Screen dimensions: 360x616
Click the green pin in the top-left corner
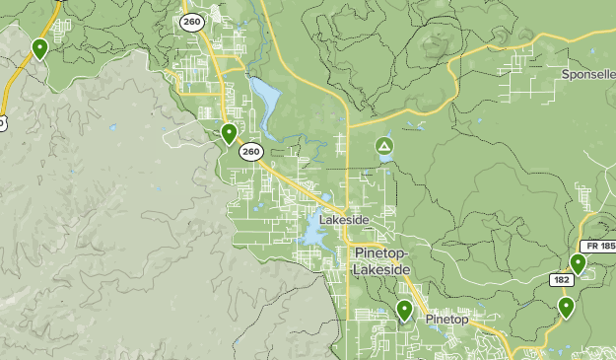pos(40,48)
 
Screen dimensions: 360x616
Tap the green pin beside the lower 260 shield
pos(229,133)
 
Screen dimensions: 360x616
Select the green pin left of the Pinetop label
pos(404,311)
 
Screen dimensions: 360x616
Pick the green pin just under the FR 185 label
pos(578,263)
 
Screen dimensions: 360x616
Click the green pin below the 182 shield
pos(566,308)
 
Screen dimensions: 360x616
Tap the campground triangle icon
pos(383,148)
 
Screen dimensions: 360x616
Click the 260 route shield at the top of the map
pos(195,23)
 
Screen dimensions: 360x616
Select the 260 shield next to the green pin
pos(251,152)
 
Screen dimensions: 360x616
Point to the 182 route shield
pos(562,281)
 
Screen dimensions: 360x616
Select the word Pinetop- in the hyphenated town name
pos(380,253)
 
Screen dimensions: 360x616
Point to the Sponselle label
pos(588,74)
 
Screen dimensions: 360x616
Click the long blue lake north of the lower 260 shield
pos(265,97)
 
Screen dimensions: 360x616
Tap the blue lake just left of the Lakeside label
pos(309,232)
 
